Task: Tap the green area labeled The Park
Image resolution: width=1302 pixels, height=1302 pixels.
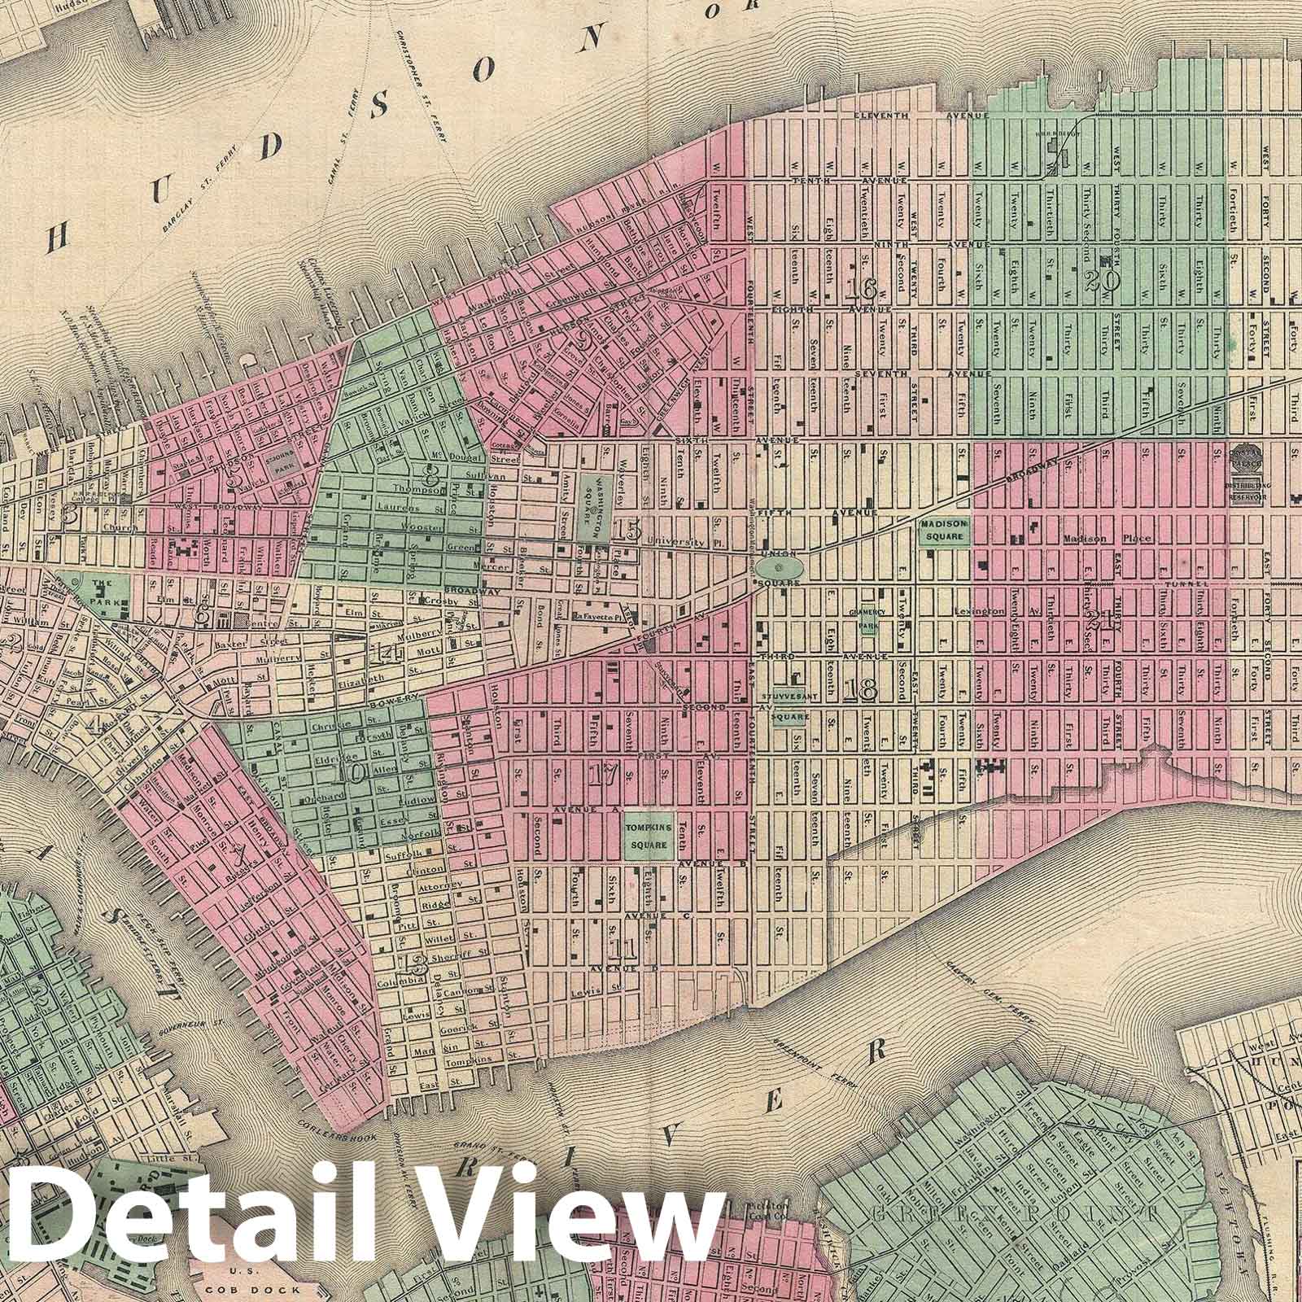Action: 103,592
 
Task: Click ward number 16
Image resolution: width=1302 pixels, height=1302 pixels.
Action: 859,289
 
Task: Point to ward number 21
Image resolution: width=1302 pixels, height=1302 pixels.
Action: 1103,620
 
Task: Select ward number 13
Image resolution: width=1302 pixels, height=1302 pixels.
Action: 416,966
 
